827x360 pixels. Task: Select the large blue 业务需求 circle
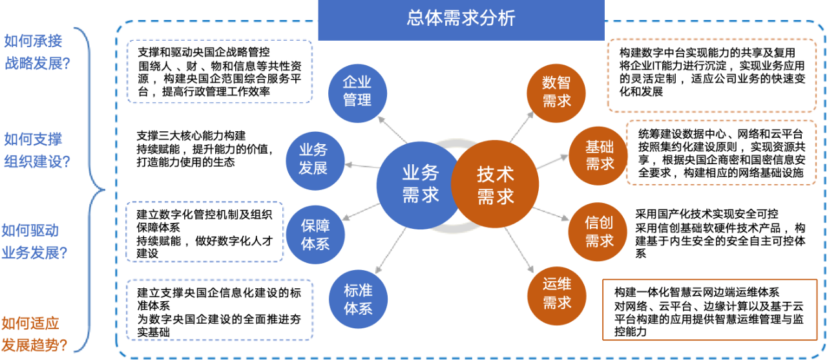[420, 185]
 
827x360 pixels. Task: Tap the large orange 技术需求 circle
[495, 185]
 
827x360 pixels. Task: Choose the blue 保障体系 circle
[315, 235]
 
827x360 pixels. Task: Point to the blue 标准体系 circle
[358, 298]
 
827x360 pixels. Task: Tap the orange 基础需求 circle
[599, 156]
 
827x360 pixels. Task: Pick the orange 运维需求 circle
[556, 293]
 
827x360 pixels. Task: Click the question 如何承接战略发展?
[37, 52]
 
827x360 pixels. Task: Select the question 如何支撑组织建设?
[37, 150]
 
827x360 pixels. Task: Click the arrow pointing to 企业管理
[392, 129]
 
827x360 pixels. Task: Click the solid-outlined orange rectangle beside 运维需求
[709, 310]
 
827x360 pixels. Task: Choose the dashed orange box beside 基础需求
[720, 153]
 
